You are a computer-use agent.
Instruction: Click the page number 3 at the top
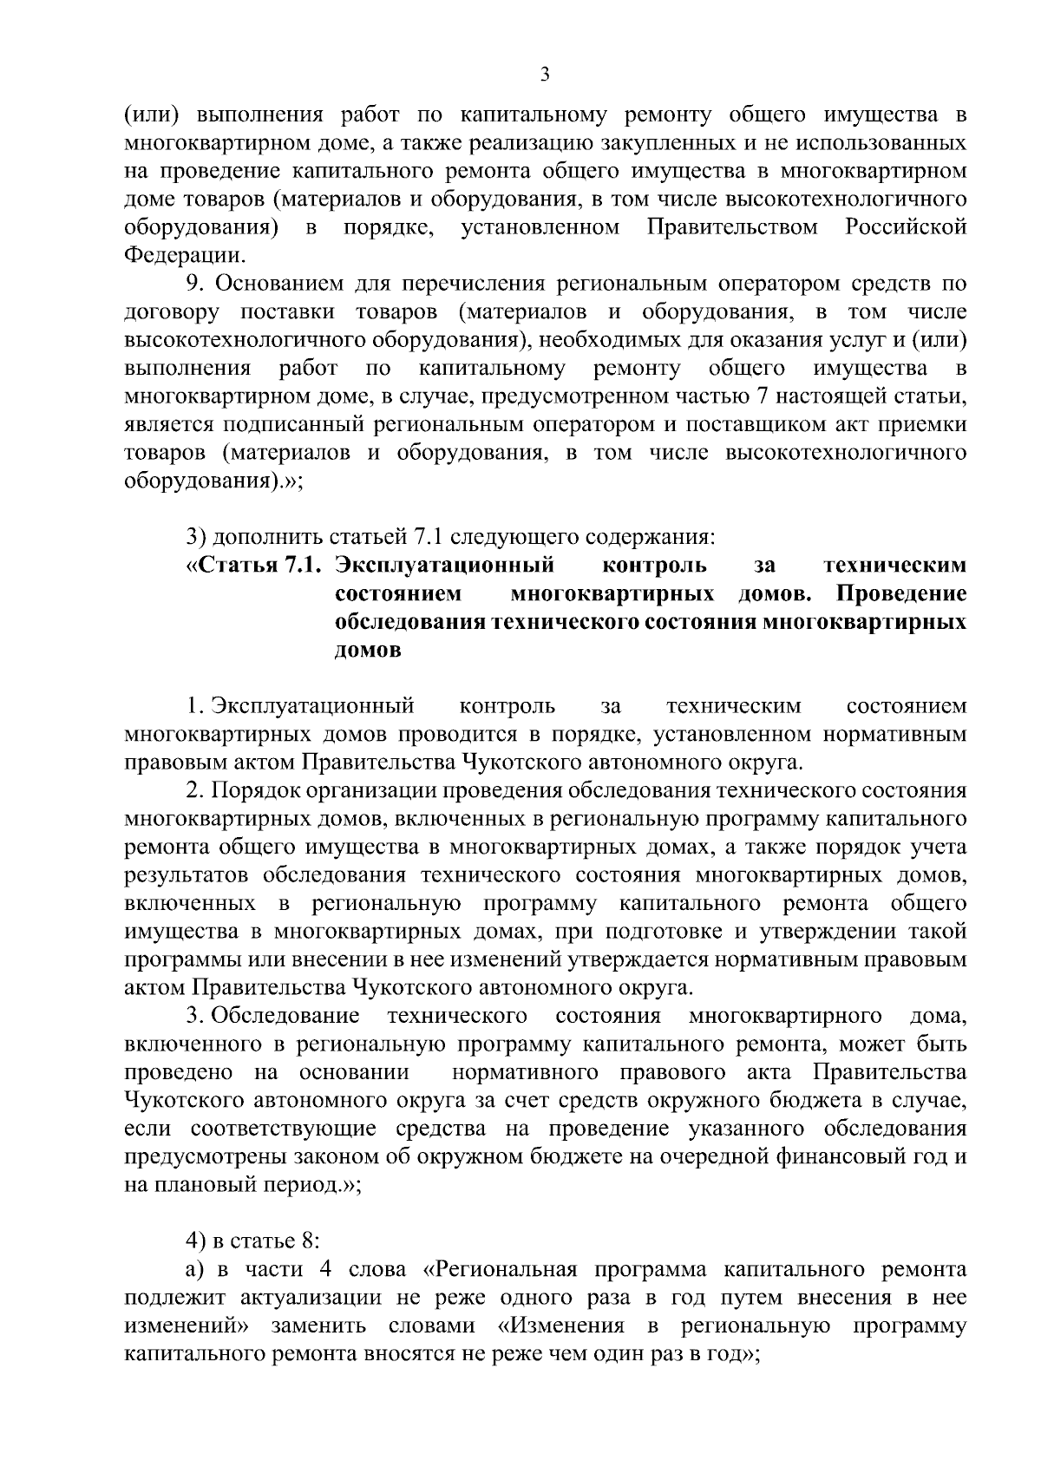click(x=544, y=75)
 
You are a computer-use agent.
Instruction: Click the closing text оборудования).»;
click(x=213, y=481)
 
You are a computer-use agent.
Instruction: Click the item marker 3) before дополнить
click(x=196, y=538)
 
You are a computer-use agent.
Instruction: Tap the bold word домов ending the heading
click(x=368, y=651)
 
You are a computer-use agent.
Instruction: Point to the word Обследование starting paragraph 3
click(x=285, y=1017)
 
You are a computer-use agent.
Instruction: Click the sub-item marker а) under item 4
click(x=195, y=1271)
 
